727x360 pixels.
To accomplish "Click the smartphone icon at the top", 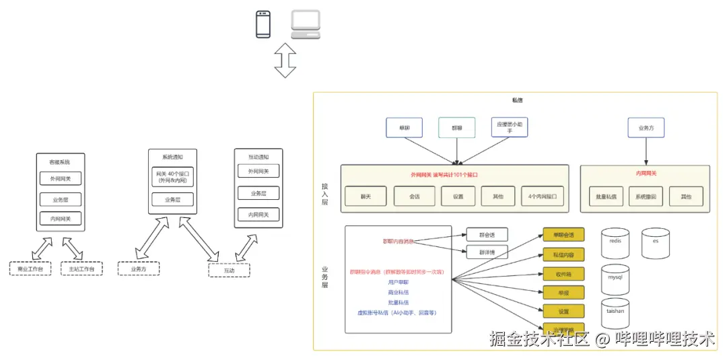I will point(263,24).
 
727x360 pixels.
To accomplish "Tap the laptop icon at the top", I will point(306,24).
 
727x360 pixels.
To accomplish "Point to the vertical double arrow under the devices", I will point(285,61).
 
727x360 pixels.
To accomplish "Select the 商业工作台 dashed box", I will point(30,268).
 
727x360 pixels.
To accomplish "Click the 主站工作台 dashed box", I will point(81,268).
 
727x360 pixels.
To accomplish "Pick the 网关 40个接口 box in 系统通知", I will point(172,177).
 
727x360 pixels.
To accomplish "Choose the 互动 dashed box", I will point(229,270).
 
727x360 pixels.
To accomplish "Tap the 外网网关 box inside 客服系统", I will point(61,179).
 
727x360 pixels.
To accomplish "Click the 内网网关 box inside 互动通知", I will point(258,215).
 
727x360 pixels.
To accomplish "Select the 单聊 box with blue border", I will point(404,127).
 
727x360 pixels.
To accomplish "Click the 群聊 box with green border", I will point(456,127).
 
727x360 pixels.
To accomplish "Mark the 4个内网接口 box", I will point(543,196).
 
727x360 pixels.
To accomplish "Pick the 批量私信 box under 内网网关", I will point(606,196).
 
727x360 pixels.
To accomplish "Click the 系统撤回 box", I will point(646,196).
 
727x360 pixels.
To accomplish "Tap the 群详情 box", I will point(487,252).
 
